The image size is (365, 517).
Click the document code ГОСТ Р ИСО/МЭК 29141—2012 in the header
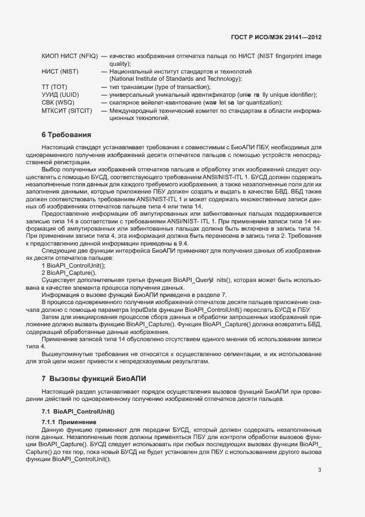coord(276,37)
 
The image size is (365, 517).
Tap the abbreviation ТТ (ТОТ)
coord(54,87)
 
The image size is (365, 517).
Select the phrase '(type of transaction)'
coord(181,87)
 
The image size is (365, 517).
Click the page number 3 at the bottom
coord(319,469)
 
